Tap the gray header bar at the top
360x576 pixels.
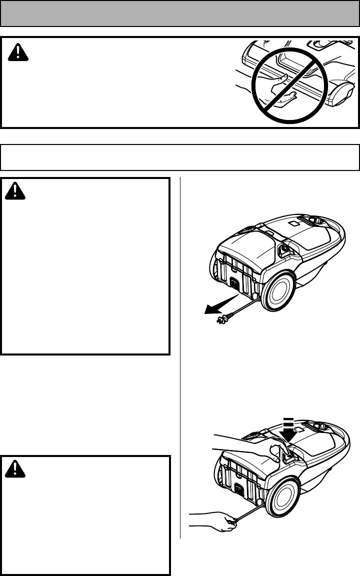[180, 13]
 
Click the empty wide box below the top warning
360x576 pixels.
[180, 157]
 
